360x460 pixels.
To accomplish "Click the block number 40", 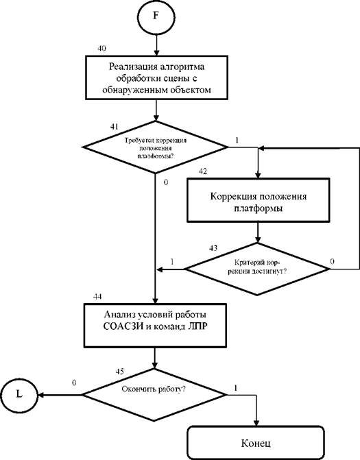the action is (101, 48).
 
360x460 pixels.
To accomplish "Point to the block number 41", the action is (115, 126).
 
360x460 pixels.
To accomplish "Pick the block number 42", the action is (203, 171).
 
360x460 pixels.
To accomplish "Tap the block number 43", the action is (213, 248).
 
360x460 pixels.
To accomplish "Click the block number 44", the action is (97, 297).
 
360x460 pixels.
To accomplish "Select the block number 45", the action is (120, 372).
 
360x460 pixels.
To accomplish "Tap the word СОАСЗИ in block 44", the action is (123, 326).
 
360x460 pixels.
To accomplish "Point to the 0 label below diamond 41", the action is (166, 182).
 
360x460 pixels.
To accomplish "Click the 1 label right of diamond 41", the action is (237, 141).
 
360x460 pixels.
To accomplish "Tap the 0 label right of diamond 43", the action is (332, 261).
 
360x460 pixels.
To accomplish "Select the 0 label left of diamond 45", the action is (74, 383).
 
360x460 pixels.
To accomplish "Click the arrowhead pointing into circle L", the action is (41, 395).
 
